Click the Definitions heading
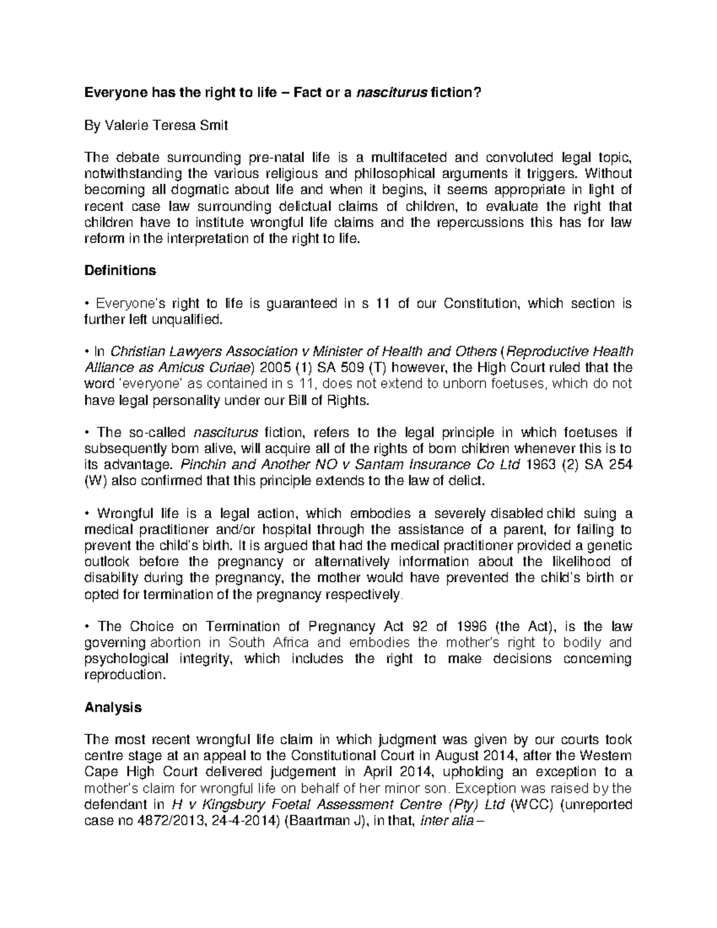pyautogui.click(x=120, y=271)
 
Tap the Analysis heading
pyautogui.click(x=114, y=708)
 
